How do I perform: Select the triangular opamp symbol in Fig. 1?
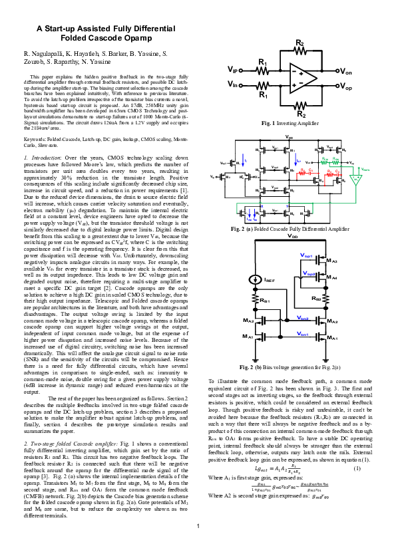[303, 78]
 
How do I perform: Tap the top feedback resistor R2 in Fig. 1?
[299, 51]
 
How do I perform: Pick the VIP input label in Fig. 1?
[235, 70]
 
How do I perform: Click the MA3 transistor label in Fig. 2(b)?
[331, 261]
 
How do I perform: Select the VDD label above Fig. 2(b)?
[293, 236]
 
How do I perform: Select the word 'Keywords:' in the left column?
[37, 139]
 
